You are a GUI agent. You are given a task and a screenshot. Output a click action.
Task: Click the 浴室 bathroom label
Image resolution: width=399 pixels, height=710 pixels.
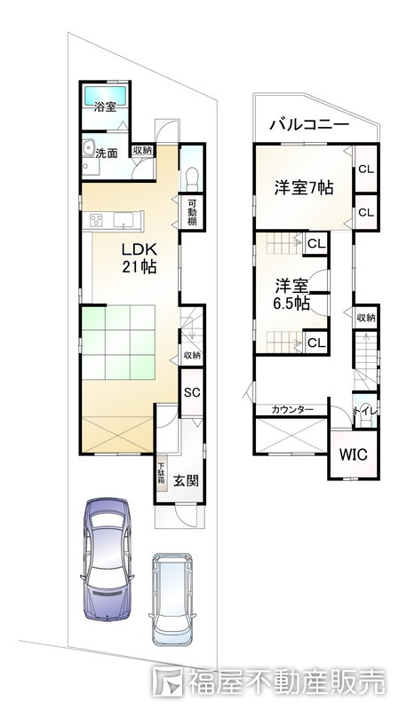[106, 107]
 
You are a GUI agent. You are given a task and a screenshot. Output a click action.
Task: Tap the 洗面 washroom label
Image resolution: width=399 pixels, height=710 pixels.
[107, 153]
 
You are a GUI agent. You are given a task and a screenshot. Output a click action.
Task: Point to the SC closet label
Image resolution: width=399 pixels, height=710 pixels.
[191, 392]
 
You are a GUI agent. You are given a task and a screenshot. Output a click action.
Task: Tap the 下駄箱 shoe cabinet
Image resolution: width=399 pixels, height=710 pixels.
[162, 472]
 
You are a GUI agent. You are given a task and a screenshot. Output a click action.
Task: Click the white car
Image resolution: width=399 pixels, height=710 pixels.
[172, 600]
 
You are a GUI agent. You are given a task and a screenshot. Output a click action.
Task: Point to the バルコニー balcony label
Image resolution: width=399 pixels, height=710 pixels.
[307, 125]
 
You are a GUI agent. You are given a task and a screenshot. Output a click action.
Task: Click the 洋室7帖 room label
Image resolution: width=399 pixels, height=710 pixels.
[303, 188]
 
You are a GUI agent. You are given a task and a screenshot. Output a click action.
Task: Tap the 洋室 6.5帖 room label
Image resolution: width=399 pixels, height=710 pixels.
[291, 294]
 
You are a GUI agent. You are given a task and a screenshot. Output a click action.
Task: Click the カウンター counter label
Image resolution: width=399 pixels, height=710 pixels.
[292, 409]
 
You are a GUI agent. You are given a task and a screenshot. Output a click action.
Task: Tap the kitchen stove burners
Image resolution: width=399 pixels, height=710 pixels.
[95, 220]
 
